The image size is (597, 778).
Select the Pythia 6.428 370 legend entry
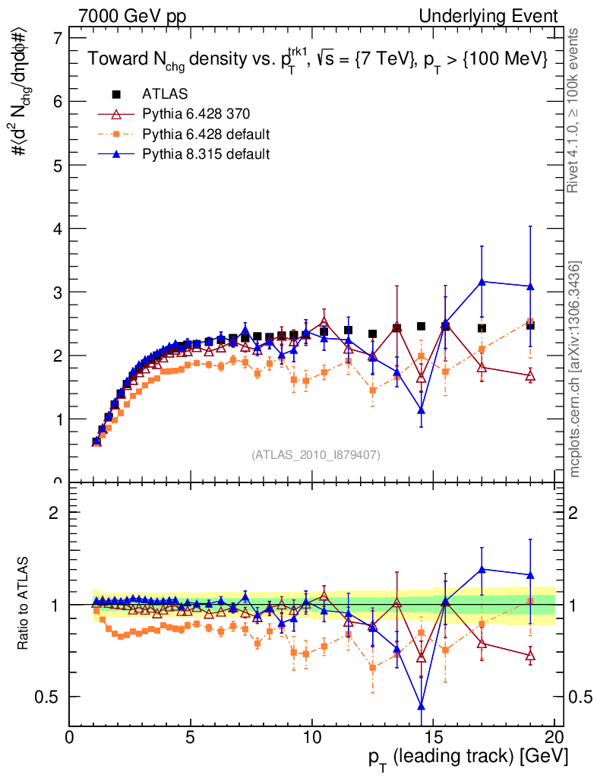click(197, 115)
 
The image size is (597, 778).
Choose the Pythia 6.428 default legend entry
click(206, 134)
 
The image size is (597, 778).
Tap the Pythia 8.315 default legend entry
click(206, 154)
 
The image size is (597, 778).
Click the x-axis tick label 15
click(433, 738)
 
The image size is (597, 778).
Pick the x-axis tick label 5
click(191, 738)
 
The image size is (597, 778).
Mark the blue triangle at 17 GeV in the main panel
click(482, 282)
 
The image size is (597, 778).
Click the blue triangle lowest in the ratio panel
click(421, 707)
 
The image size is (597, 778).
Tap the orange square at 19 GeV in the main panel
click(530, 322)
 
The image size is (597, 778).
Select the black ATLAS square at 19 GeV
click(530, 325)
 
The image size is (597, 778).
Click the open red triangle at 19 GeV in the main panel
click(530, 375)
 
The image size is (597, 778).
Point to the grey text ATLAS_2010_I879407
click(316, 454)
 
